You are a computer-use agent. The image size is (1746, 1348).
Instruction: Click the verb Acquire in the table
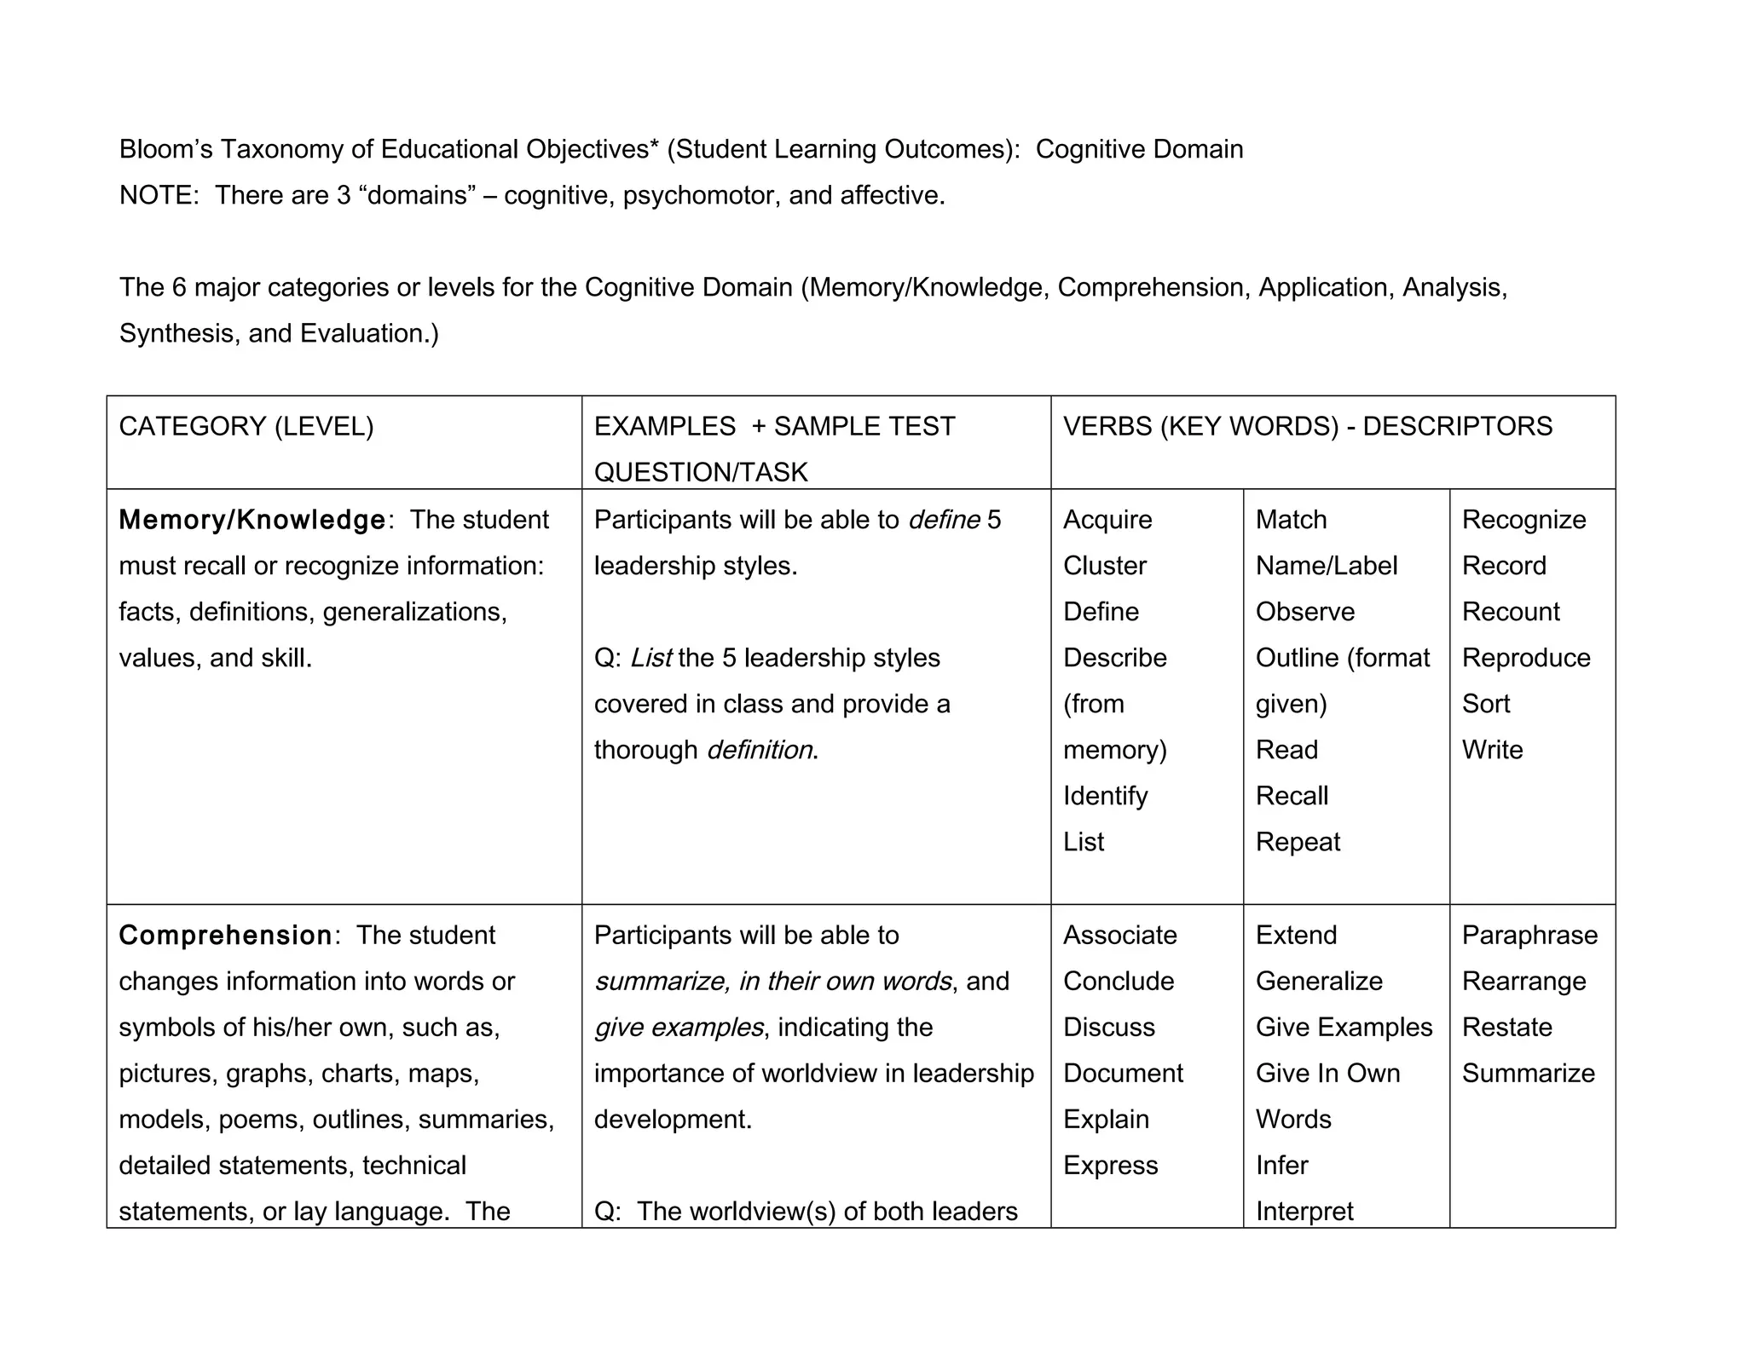pos(1107,520)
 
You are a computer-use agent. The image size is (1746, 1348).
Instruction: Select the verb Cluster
pos(1104,566)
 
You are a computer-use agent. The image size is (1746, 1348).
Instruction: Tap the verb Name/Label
pos(1326,566)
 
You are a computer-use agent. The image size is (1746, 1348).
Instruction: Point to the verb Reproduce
pos(1525,658)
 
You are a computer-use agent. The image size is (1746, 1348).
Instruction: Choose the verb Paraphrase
pos(1529,935)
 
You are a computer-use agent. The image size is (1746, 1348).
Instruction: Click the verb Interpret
pos(1304,1211)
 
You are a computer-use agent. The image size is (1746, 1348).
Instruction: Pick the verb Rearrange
pos(1523,981)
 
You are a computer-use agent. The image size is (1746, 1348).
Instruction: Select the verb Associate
pos(1119,935)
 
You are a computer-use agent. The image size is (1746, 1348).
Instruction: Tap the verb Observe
pos(1304,612)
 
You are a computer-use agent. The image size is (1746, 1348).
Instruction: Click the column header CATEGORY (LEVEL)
pos(246,426)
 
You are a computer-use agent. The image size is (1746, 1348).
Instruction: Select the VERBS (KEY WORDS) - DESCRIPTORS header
pos(1307,426)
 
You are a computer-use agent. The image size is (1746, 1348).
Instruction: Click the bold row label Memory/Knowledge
pos(251,520)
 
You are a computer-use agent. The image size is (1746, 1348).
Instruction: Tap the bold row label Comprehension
pos(225,935)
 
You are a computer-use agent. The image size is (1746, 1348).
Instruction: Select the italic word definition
pos(759,750)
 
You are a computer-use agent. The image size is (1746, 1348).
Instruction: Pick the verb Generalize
pos(1318,981)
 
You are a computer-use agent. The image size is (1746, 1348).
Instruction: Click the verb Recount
pos(1510,612)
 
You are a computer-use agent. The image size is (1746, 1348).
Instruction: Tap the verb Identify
pos(1105,796)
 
